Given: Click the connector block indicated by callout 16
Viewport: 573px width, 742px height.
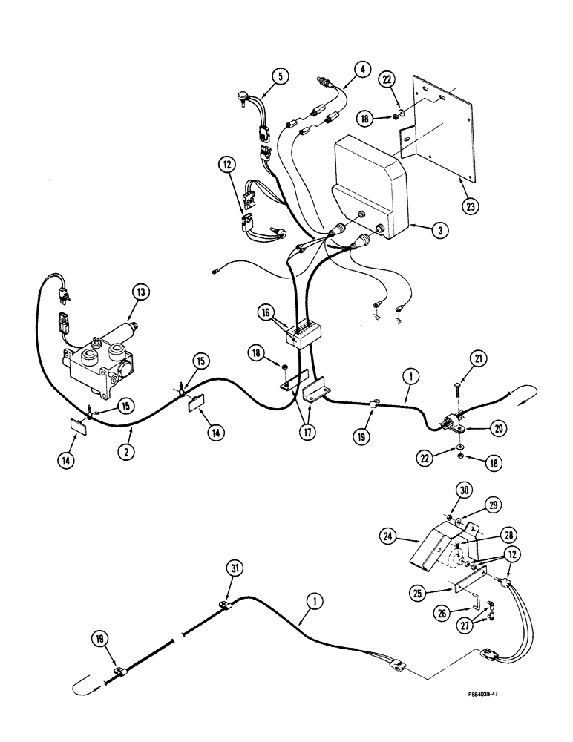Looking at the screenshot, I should pyautogui.click(x=301, y=335).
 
